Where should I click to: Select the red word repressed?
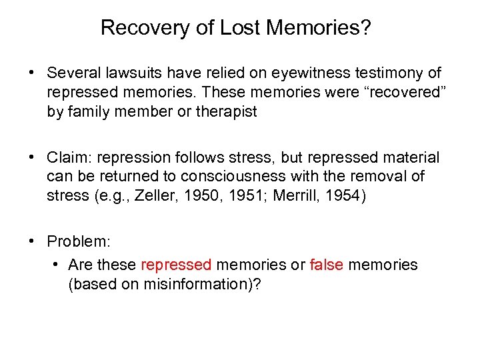tap(177, 265)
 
